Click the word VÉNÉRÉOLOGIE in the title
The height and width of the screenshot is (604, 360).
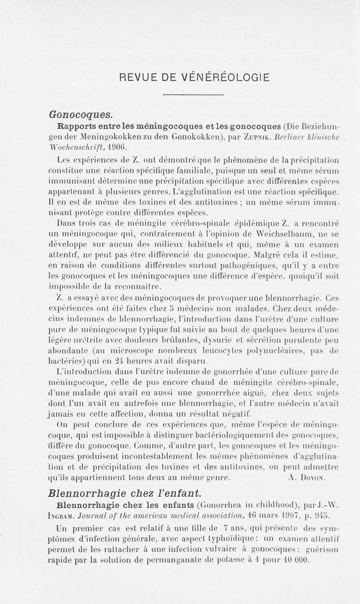(x=225, y=77)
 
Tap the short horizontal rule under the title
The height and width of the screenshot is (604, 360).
(x=193, y=95)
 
